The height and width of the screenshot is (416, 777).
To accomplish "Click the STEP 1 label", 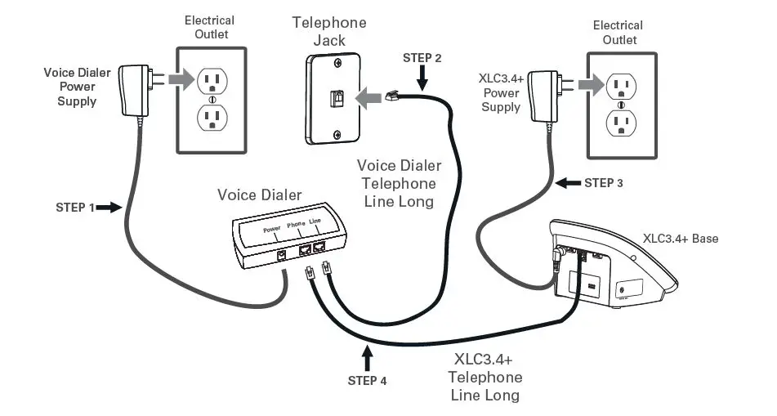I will tap(75, 208).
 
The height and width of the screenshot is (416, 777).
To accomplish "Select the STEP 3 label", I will tap(604, 183).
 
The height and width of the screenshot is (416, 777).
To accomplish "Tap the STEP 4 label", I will tap(368, 380).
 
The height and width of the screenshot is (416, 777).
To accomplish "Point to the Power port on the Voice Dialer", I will tap(283, 255).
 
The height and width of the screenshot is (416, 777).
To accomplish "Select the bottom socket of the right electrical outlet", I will tap(621, 123).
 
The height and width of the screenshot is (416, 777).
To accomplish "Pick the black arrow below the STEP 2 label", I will tap(422, 79).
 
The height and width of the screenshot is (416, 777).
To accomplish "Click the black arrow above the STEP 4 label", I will tap(368, 359).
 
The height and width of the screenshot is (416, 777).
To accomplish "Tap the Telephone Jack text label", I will tap(329, 30).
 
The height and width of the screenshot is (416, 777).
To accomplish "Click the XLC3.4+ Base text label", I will tap(680, 239).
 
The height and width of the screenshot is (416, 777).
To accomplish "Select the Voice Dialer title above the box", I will tap(259, 195).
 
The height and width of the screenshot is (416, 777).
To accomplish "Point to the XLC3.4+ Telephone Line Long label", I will tap(485, 378).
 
